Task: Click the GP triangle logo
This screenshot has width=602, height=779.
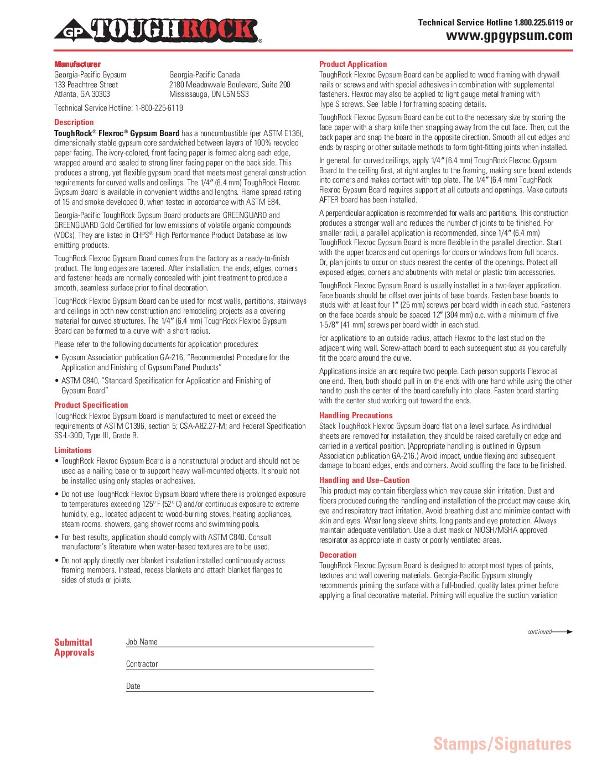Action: [72, 32]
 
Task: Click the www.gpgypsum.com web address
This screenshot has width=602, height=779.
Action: [509, 36]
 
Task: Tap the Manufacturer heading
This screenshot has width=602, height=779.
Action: [77, 64]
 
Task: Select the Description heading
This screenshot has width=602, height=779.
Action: [74, 122]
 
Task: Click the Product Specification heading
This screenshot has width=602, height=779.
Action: [91, 405]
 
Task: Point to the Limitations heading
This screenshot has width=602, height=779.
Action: [73, 450]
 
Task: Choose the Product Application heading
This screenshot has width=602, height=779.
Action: [353, 64]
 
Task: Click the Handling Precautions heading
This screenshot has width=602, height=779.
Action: [356, 416]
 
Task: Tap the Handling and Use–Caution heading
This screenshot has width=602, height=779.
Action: [365, 480]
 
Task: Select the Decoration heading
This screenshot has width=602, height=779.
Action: [338, 555]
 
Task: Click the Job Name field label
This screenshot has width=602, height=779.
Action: [142, 642]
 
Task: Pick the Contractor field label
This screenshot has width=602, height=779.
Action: [142, 664]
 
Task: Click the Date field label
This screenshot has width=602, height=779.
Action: [133, 686]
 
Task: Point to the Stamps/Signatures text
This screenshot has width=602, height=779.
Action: [502, 744]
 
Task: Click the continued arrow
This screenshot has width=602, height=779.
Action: [562, 632]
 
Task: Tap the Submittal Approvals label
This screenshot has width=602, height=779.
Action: [74, 647]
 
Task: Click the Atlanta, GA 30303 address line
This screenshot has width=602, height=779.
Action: [82, 94]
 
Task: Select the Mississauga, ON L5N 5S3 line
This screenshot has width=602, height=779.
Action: [209, 94]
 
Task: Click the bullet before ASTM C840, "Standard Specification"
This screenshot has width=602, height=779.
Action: [57, 381]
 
